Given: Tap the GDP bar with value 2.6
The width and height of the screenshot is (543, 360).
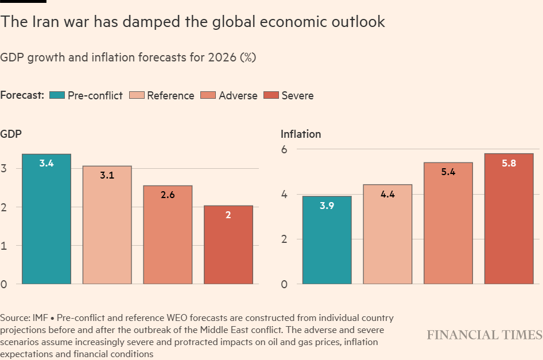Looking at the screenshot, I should pos(168,235).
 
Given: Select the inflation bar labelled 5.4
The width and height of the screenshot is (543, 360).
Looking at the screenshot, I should pos(448,223).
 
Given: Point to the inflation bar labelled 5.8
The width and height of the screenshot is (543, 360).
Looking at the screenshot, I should pos(509,219).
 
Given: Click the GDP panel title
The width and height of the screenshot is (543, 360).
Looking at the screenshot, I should pos(11,134).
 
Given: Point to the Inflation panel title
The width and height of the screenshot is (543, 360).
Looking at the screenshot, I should pos(301,134).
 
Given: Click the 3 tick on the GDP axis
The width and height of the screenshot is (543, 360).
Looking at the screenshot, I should pos(4,169).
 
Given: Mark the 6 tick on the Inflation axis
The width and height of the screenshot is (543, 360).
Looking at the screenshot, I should pos(284,149).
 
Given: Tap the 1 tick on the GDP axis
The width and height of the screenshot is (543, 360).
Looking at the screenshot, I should pos(4,246).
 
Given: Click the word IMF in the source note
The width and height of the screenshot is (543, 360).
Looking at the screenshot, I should pos(41,318).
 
